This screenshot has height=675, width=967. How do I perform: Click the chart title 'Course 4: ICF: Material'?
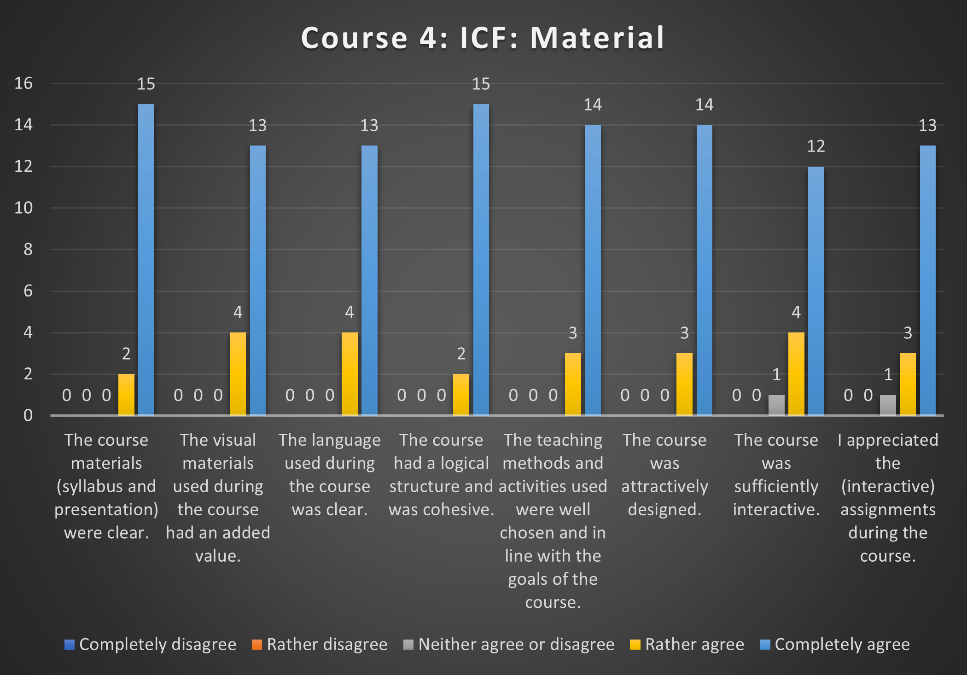point(483,38)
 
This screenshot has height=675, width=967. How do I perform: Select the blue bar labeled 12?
point(816,291)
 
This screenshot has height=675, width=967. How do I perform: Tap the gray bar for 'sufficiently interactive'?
point(776,405)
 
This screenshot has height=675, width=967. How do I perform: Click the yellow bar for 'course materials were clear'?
point(126,395)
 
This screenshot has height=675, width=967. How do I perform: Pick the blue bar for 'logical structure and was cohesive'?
point(481,260)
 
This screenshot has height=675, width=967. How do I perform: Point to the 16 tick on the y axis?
point(23,83)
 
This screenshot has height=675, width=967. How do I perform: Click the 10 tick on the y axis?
point(23,208)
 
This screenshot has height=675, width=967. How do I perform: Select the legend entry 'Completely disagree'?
point(151,645)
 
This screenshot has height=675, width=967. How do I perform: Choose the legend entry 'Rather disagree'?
point(320,645)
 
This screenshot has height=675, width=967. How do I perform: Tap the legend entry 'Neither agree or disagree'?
point(509,645)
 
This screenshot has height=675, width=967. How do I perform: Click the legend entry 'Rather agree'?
point(687,645)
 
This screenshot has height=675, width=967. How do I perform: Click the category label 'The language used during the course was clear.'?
point(330,475)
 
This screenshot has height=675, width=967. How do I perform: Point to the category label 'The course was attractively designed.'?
point(664,475)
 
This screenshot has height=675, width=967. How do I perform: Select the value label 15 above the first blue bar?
point(146,84)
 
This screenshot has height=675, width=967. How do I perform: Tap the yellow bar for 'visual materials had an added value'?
point(238,374)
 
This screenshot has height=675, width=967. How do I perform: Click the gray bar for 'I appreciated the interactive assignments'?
point(888,405)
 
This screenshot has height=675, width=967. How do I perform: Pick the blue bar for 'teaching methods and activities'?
point(593,270)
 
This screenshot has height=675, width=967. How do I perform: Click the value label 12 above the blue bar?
point(816,146)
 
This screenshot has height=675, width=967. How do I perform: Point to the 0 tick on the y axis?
point(28,416)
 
